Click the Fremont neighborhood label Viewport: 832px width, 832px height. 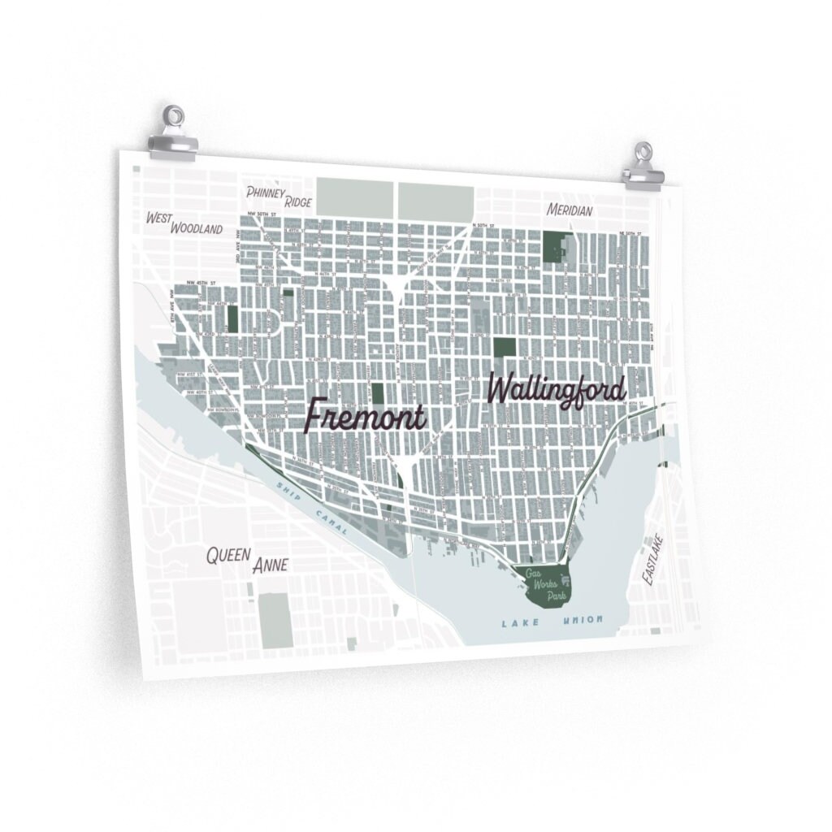coord(365,416)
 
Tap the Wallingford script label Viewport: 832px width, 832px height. coord(557,390)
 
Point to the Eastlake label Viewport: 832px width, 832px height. coord(652,560)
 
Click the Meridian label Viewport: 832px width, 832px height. coord(570,210)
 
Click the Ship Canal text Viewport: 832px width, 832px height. coord(313,509)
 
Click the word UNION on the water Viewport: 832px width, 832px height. coord(583,621)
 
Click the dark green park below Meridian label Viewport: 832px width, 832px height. coord(557,246)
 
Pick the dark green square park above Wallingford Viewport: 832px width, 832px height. coord(504,347)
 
